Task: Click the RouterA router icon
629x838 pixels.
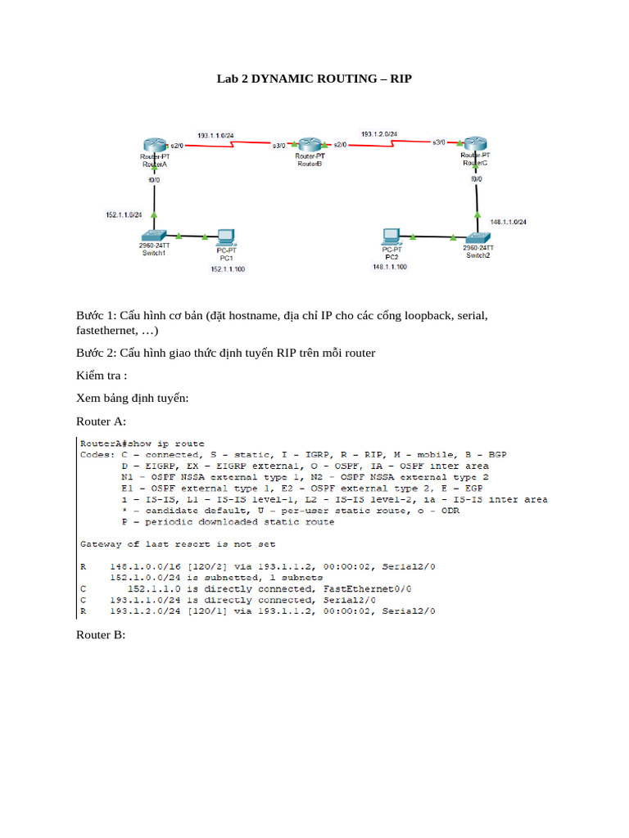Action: click(x=154, y=145)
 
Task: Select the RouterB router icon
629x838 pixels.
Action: click(x=310, y=144)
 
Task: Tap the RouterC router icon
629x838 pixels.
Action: click(x=475, y=144)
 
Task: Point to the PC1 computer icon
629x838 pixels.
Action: click(x=225, y=238)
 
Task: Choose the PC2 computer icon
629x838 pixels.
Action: click(x=391, y=237)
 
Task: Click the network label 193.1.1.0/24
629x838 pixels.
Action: click(x=215, y=134)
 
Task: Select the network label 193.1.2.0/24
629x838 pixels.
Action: click(x=379, y=133)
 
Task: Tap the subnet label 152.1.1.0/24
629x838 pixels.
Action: click(x=124, y=214)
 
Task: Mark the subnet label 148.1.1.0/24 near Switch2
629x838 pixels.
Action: click(x=508, y=222)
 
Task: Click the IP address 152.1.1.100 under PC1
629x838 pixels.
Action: click(x=227, y=268)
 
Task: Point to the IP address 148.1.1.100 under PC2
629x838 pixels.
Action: click(x=389, y=266)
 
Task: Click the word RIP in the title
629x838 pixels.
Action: click(x=400, y=79)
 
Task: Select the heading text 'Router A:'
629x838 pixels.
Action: click(x=101, y=421)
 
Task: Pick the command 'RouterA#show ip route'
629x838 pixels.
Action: click(x=142, y=444)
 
